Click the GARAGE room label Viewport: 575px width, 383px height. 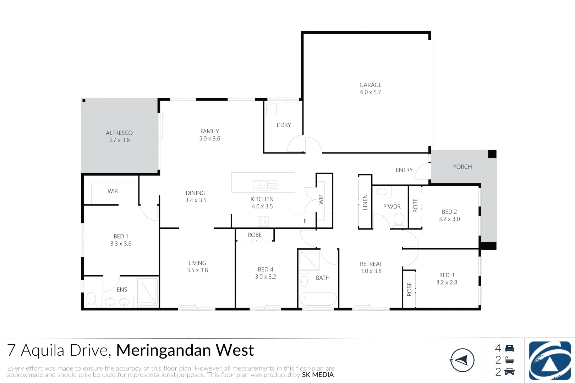click(x=371, y=85)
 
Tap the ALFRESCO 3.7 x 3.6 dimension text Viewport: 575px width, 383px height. click(x=119, y=140)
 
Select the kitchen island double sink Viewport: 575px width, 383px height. click(x=265, y=185)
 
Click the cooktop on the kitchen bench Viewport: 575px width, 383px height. click(x=263, y=221)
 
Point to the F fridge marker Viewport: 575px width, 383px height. click(x=305, y=221)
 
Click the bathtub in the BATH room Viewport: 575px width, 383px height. click(x=318, y=298)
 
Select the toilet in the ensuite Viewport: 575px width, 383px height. click(x=91, y=299)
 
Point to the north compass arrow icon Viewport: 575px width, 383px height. click(x=462, y=360)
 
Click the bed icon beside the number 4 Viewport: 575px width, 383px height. click(x=510, y=348)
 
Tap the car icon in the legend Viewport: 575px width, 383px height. click(x=510, y=372)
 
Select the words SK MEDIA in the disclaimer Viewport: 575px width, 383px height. click(x=318, y=375)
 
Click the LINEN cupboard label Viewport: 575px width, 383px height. click(x=365, y=202)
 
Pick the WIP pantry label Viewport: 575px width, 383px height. click(x=321, y=200)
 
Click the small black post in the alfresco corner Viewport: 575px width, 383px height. click(x=84, y=101)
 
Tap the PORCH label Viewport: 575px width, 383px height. click(x=462, y=167)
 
